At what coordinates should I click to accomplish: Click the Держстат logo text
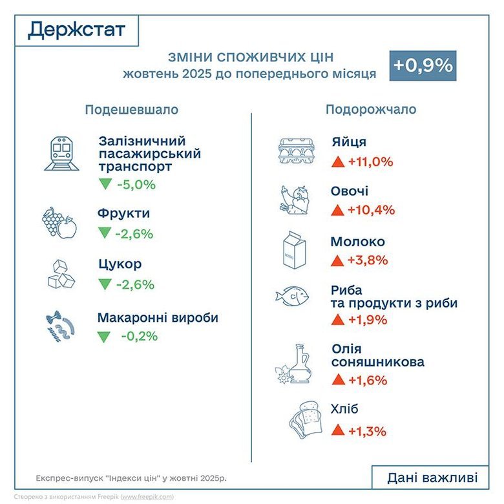pyautogui.click(x=77, y=30)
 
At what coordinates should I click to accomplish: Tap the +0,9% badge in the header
pyautogui.click(x=423, y=65)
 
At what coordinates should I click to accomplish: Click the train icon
pyautogui.click(x=61, y=154)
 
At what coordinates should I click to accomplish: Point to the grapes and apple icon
pyautogui.click(x=59, y=223)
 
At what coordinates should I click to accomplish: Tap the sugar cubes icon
pyautogui.click(x=61, y=273)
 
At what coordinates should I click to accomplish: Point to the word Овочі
pyautogui.click(x=350, y=191)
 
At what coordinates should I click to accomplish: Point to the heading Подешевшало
pyautogui.click(x=131, y=110)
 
